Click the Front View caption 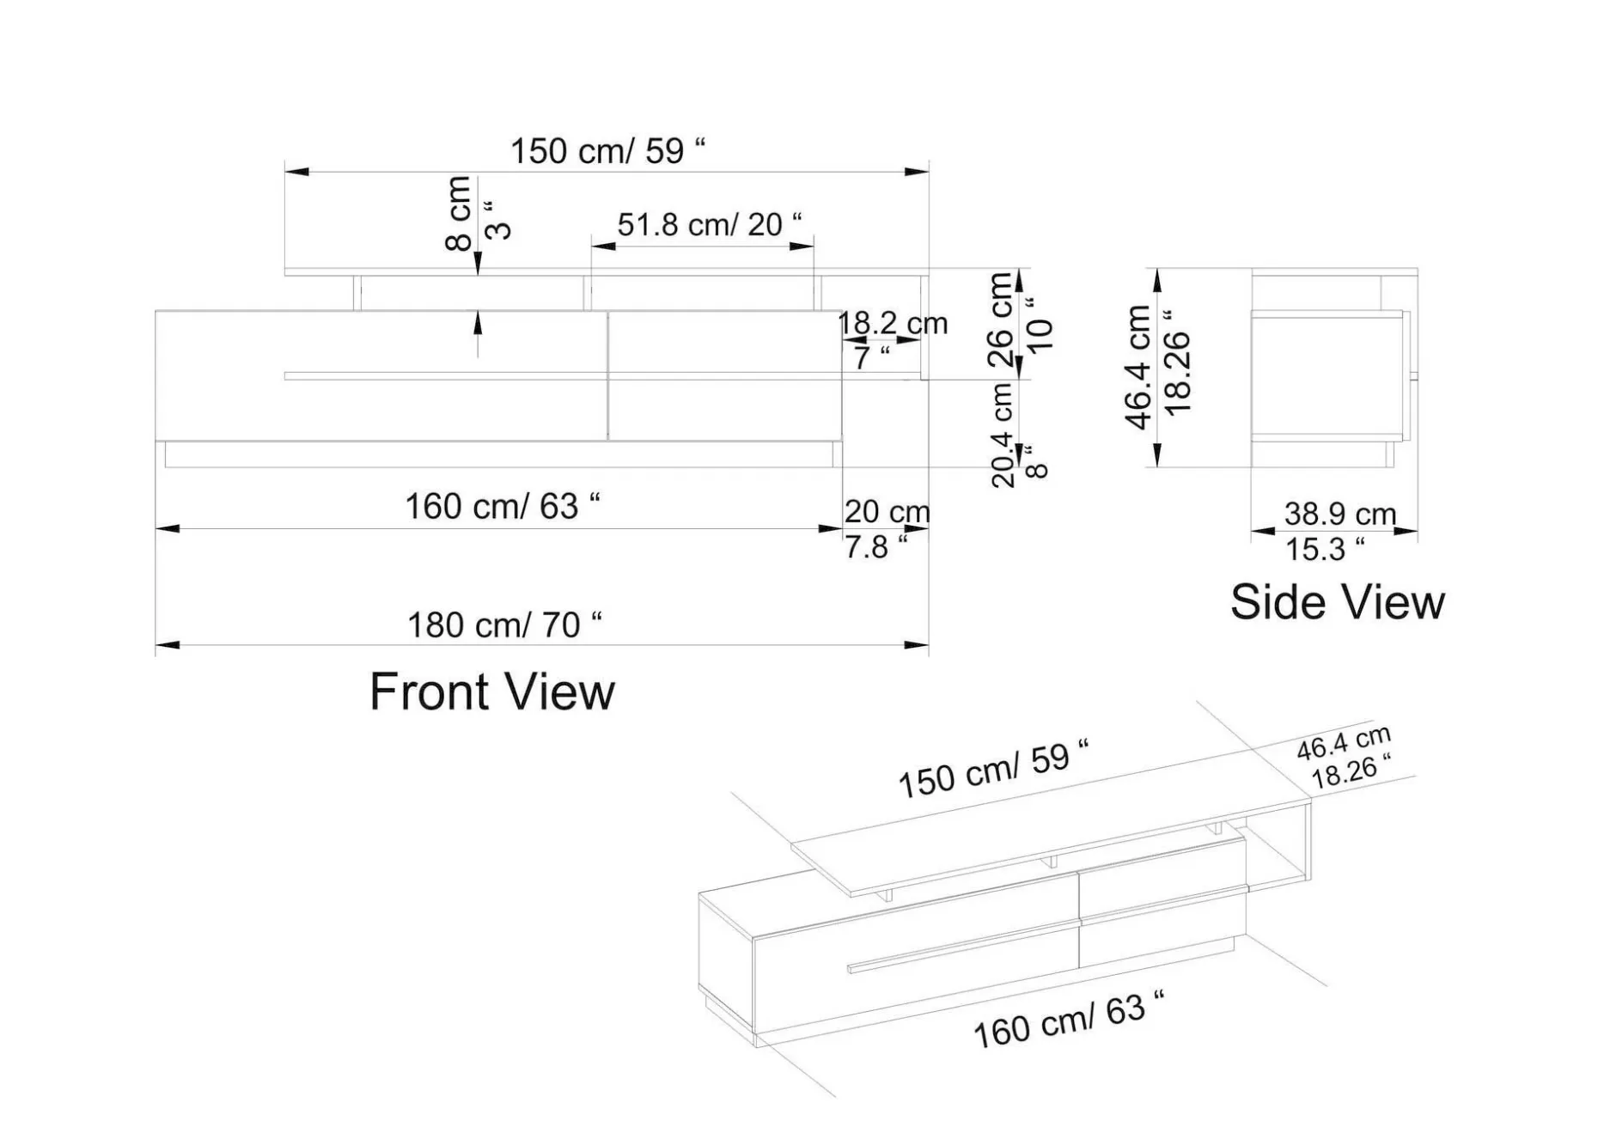(x=492, y=691)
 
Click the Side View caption (x=1338, y=601)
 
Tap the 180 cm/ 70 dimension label (x=504, y=624)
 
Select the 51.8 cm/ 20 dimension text (x=710, y=224)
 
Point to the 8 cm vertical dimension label (x=459, y=213)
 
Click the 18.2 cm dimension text (x=893, y=323)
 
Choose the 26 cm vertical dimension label (x=1000, y=320)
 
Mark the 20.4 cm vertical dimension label (x=1003, y=435)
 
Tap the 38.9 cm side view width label (x=1339, y=514)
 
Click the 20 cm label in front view (x=887, y=511)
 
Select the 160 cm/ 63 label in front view (x=503, y=506)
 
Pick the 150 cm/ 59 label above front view (x=608, y=150)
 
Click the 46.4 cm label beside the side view (x=1138, y=367)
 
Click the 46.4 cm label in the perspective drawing (x=1344, y=743)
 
